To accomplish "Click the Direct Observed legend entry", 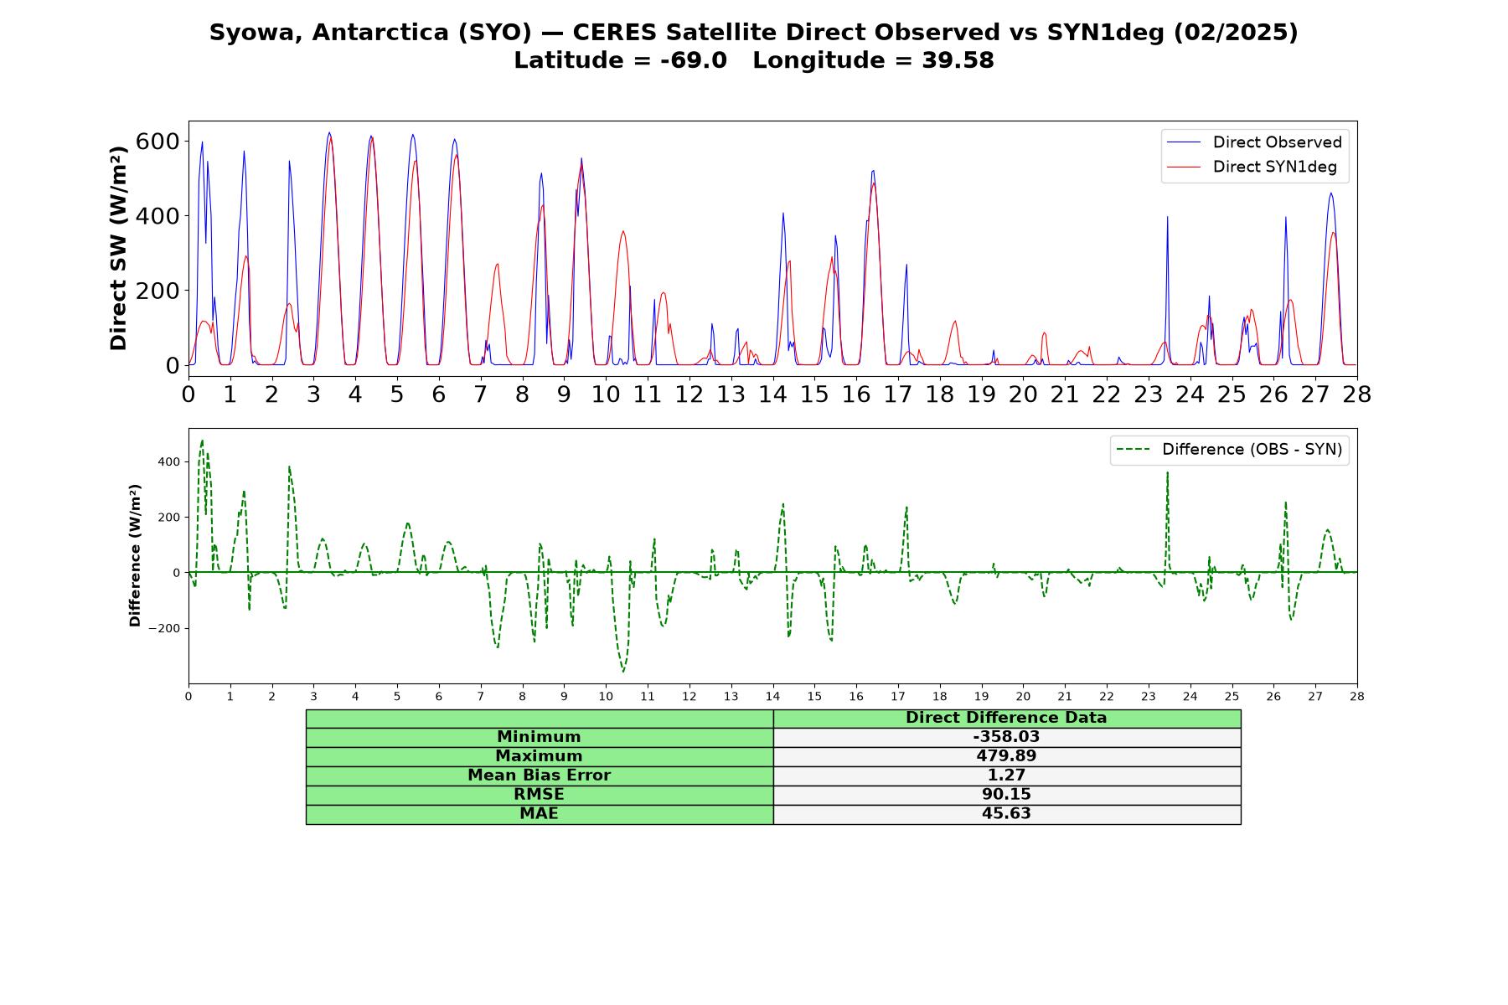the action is pos(1254,142).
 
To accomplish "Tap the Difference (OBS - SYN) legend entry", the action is pos(1229,450).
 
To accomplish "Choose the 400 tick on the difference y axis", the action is pos(169,461).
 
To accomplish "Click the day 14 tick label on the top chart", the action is pos(772,394).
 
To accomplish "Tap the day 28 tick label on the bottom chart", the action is pos(1357,696).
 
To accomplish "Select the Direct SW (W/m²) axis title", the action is pos(119,248).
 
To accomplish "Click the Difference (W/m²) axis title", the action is pos(135,555).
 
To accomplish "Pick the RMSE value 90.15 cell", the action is pos(1006,795).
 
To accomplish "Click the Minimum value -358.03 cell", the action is pos(1006,737).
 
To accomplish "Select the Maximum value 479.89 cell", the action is pos(1006,756).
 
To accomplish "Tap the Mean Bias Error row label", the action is pos(540,776).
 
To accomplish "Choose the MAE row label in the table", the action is pos(540,814).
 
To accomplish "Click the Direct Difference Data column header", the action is pos(1006,718).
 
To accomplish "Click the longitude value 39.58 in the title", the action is pos(958,60).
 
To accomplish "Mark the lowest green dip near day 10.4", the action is pos(623,671).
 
